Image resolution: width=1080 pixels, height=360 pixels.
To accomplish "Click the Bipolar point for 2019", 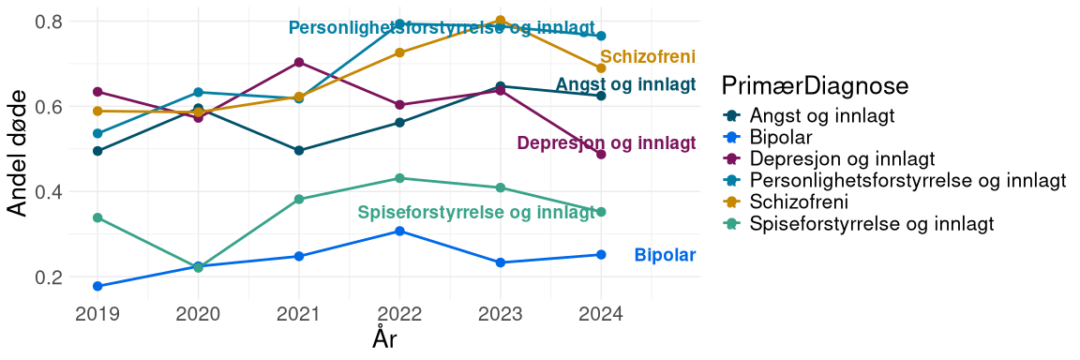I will pos(97,286).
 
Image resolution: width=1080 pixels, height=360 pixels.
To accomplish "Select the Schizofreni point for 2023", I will pos(501,21).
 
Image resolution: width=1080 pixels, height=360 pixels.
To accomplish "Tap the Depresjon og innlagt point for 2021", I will pos(299,62).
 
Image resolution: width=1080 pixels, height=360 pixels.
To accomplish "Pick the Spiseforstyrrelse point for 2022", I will pos(399,178).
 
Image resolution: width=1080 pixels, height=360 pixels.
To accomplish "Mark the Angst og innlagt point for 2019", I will pos(97,151).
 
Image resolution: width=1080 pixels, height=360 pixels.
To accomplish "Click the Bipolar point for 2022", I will pos(399,231).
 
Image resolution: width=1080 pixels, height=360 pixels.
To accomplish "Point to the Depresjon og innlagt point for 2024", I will pos(601,154).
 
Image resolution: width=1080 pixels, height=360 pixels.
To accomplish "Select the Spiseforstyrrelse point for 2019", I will pos(97,217).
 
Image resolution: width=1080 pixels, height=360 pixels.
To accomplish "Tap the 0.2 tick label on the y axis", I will pos(51,277).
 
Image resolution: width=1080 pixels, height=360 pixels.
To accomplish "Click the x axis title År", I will pos(384,338).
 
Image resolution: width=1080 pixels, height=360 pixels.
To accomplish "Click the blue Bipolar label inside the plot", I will pos(665,255).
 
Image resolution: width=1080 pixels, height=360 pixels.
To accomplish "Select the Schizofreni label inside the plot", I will pos(648,57).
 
